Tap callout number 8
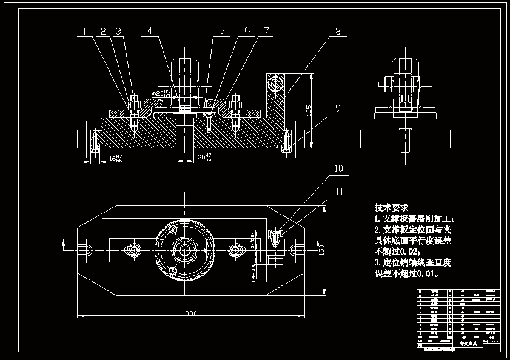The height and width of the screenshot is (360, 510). (x=338, y=31)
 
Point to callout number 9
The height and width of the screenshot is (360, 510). (x=338, y=108)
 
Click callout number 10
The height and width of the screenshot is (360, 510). (x=338, y=168)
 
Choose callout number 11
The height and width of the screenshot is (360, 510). (x=338, y=193)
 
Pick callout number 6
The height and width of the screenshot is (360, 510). (x=247, y=31)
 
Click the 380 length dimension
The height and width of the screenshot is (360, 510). (x=190, y=313)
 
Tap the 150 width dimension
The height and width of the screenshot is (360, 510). (x=322, y=249)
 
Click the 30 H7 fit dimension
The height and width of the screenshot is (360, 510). (x=204, y=157)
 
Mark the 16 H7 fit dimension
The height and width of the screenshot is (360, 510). (x=115, y=158)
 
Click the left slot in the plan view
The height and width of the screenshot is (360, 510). (x=84, y=249)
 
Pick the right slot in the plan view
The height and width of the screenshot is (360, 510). (x=297, y=249)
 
